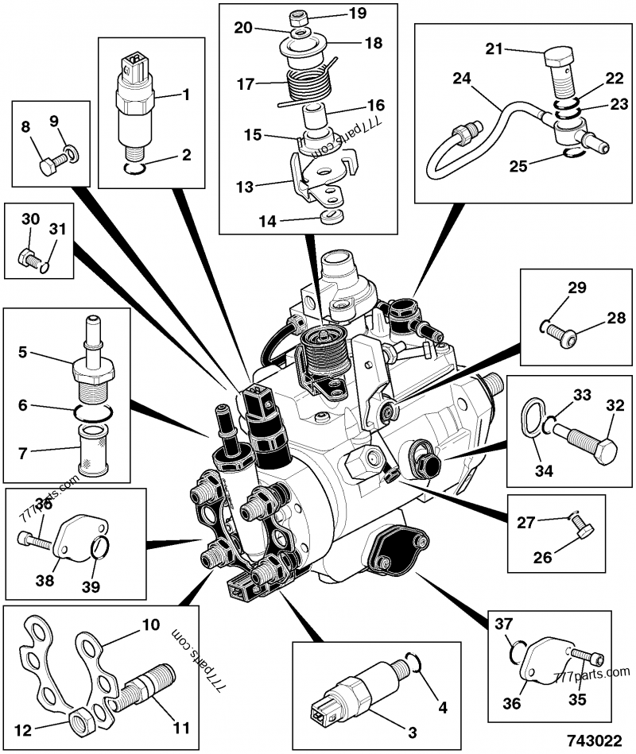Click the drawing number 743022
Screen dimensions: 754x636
pyautogui.click(x=593, y=740)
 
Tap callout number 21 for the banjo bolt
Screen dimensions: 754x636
pyautogui.click(x=494, y=49)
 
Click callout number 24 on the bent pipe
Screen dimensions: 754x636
pyautogui.click(x=462, y=78)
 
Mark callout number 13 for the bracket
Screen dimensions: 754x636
pyautogui.click(x=246, y=187)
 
